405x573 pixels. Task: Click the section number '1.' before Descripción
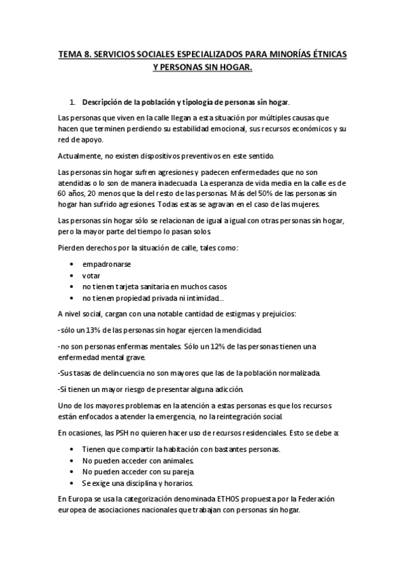[72, 103]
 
